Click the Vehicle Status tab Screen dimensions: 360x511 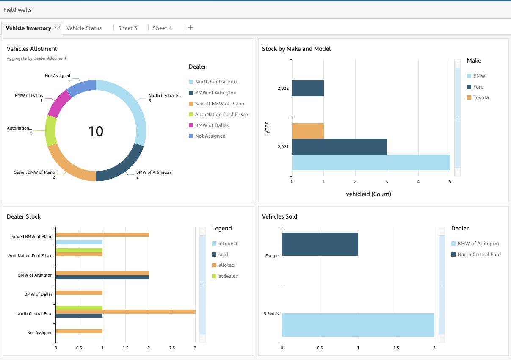pyautogui.click(x=84, y=28)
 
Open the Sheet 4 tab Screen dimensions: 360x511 pyautogui.click(x=162, y=28)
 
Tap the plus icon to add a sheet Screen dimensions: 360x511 pyautogui.click(x=191, y=28)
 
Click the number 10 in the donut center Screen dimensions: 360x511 pyautogui.click(x=96, y=131)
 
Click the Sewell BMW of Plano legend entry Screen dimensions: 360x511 pyautogui.click(x=219, y=104)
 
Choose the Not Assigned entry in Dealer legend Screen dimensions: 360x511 pyautogui.click(x=210, y=136)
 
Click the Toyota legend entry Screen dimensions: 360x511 pyautogui.click(x=481, y=97)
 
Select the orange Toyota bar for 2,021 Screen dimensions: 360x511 pyautogui.click(x=308, y=130)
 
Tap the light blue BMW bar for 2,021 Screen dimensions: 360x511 pyautogui.click(x=370, y=162)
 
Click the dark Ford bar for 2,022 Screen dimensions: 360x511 pyautogui.click(x=308, y=88)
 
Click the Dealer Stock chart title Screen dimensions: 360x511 pyautogui.click(x=24, y=216)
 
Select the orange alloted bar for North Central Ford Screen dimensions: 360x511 pyautogui.click(x=125, y=312)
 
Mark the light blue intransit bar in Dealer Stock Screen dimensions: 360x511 pyautogui.click(x=79, y=242)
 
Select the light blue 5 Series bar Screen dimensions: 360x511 pyautogui.click(x=358, y=325)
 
